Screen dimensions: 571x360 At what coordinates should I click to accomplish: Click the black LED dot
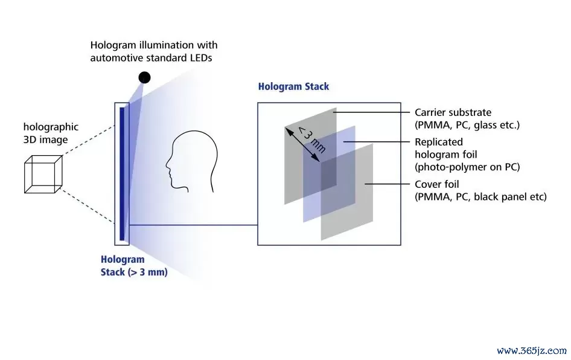coord(145,77)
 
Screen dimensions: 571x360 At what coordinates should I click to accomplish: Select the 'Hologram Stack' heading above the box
coord(293,86)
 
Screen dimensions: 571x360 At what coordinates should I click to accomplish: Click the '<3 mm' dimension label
coord(311,140)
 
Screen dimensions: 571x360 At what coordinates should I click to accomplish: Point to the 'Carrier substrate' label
coord(453,112)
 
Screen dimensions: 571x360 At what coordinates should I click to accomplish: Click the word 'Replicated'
coord(438,142)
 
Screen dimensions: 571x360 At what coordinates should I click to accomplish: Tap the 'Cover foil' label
coord(436,184)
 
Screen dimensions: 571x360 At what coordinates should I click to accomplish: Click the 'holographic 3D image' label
coord(51,133)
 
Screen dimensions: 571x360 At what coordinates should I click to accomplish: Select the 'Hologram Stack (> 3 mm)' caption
coord(134,266)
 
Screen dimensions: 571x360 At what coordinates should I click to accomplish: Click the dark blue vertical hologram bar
coord(122,174)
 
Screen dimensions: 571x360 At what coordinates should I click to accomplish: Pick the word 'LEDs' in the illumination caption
coord(201,57)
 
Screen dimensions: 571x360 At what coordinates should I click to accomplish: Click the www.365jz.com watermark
coord(532,350)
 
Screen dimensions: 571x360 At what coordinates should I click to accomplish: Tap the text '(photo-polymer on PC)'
coord(467,167)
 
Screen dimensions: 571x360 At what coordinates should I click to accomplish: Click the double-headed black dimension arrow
coord(302,144)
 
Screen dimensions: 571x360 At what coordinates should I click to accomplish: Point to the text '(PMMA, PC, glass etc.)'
coord(467,125)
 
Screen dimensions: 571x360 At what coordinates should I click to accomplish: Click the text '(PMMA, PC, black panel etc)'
coord(480,197)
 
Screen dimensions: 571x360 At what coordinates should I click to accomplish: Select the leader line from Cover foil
coord(387,184)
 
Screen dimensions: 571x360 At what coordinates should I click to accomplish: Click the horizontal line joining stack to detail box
coord(193,225)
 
